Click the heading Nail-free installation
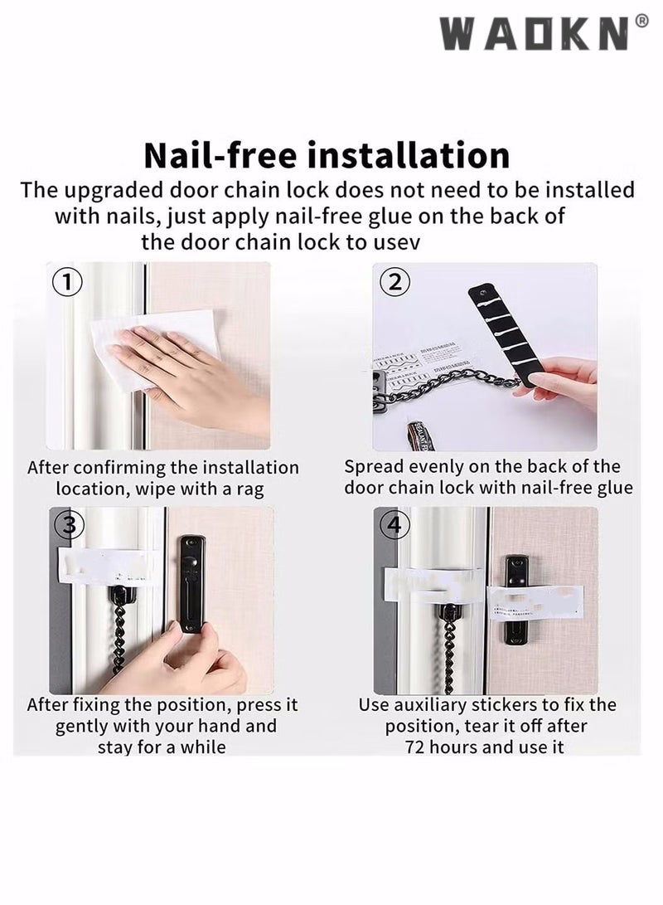(327, 155)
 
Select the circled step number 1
(68, 281)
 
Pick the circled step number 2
(395, 281)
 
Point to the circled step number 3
(68, 524)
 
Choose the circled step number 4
(394, 524)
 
